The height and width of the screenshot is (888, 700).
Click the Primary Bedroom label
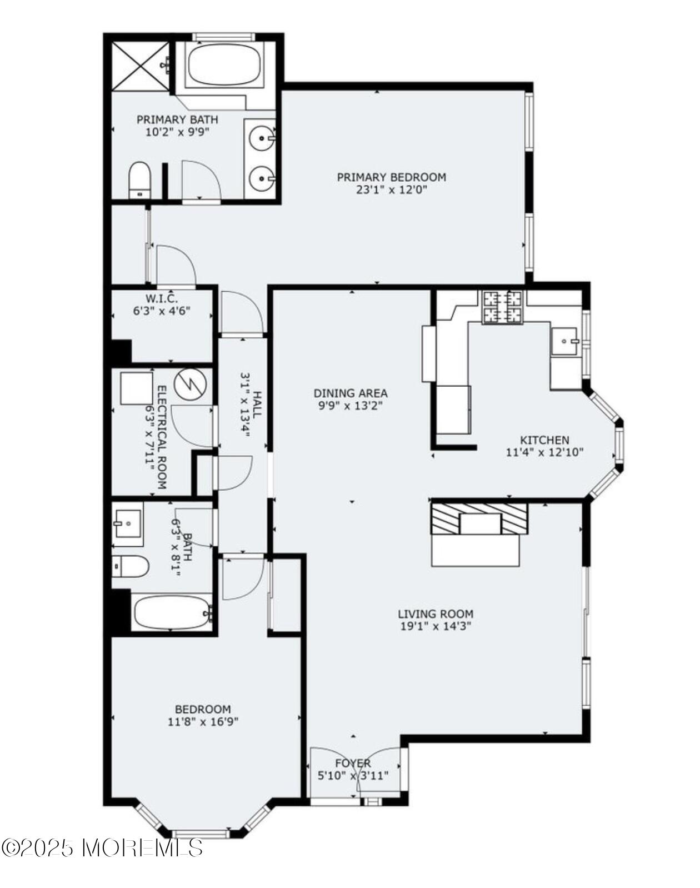[x=391, y=177]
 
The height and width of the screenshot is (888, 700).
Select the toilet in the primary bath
[x=139, y=179]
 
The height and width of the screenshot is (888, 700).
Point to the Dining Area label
[x=351, y=393]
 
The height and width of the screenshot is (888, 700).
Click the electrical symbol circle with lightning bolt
[x=190, y=383]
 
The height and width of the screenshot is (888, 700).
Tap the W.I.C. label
[x=162, y=299]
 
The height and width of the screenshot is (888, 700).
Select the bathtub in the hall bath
[x=172, y=613]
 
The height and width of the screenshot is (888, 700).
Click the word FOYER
[x=352, y=763]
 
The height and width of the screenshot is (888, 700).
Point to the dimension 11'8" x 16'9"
[x=203, y=722]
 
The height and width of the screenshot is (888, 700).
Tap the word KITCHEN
[x=544, y=440]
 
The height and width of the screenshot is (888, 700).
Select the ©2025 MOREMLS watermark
[x=102, y=847]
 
